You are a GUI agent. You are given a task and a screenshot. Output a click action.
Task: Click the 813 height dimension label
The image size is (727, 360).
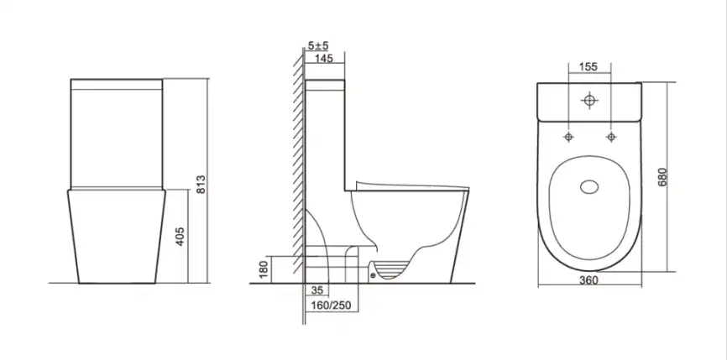pyautogui.click(x=201, y=185)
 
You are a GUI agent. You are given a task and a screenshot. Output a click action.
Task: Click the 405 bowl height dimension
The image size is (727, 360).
pyautogui.click(x=180, y=236)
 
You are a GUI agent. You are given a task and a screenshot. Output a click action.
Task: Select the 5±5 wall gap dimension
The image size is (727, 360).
pyautogui.click(x=318, y=46)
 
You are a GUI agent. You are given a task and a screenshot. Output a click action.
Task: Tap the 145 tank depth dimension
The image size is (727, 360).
pyautogui.click(x=324, y=59)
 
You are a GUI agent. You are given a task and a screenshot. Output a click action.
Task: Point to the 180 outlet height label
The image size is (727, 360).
pyautogui.click(x=263, y=269)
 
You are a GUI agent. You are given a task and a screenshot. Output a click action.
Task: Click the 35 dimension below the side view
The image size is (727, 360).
pyautogui.click(x=316, y=290)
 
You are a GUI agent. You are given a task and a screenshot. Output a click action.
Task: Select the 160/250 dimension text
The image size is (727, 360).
pyautogui.click(x=332, y=305)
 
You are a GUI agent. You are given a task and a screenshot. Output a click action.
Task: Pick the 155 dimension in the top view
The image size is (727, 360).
pyautogui.click(x=588, y=67)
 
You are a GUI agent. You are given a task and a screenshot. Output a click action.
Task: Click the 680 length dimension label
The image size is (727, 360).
pyautogui.click(x=662, y=177)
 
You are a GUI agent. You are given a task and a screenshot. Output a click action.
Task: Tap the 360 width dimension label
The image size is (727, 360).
pyautogui.click(x=588, y=279)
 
